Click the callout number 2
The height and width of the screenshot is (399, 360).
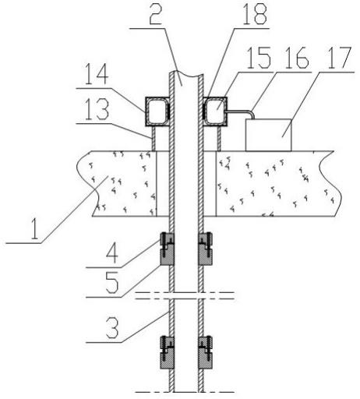click(156, 13)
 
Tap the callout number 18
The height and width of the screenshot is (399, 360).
click(255, 13)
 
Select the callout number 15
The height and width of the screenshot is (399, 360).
click(259, 58)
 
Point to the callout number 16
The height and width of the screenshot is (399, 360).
click(297, 58)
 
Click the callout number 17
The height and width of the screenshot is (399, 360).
click(340, 58)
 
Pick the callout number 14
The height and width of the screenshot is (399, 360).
click(97, 74)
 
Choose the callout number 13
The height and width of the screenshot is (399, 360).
click(97, 110)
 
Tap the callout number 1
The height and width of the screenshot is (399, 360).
click(34, 228)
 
